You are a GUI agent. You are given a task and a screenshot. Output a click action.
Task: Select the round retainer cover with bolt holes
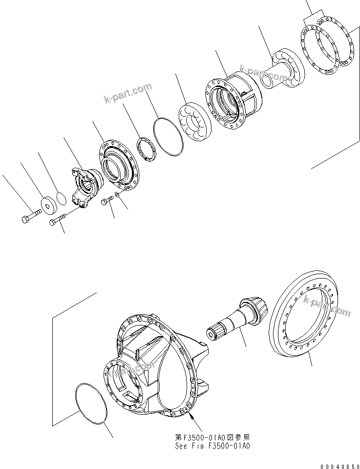(x=120, y=163)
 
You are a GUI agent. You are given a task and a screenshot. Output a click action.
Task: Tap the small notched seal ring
(x=146, y=148)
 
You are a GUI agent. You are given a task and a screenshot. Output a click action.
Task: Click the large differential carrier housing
(x=151, y=362)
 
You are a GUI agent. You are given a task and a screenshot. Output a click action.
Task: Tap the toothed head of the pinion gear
(x=256, y=309)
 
